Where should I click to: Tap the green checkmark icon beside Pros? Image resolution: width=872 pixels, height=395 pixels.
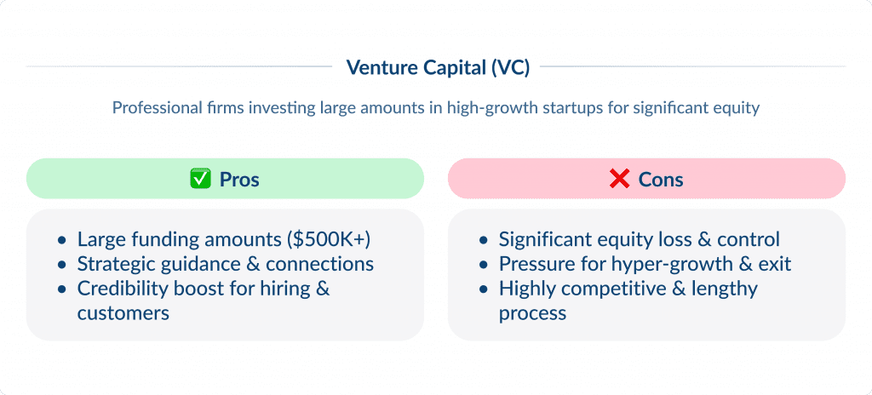[199, 179]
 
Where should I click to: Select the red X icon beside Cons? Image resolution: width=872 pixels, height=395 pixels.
[619, 179]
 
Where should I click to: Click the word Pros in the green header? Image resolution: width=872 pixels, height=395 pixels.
[239, 180]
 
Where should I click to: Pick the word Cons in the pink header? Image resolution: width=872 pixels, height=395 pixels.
[662, 180]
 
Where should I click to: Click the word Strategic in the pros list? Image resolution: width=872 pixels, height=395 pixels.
[112, 264]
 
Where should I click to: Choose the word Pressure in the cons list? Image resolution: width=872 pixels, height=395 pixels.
[532, 264]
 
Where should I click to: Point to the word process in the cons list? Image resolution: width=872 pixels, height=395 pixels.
[532, 313]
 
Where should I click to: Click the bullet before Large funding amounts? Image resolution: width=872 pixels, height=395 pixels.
[60, 240]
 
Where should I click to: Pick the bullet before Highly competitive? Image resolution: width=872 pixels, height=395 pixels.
[483, 289]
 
